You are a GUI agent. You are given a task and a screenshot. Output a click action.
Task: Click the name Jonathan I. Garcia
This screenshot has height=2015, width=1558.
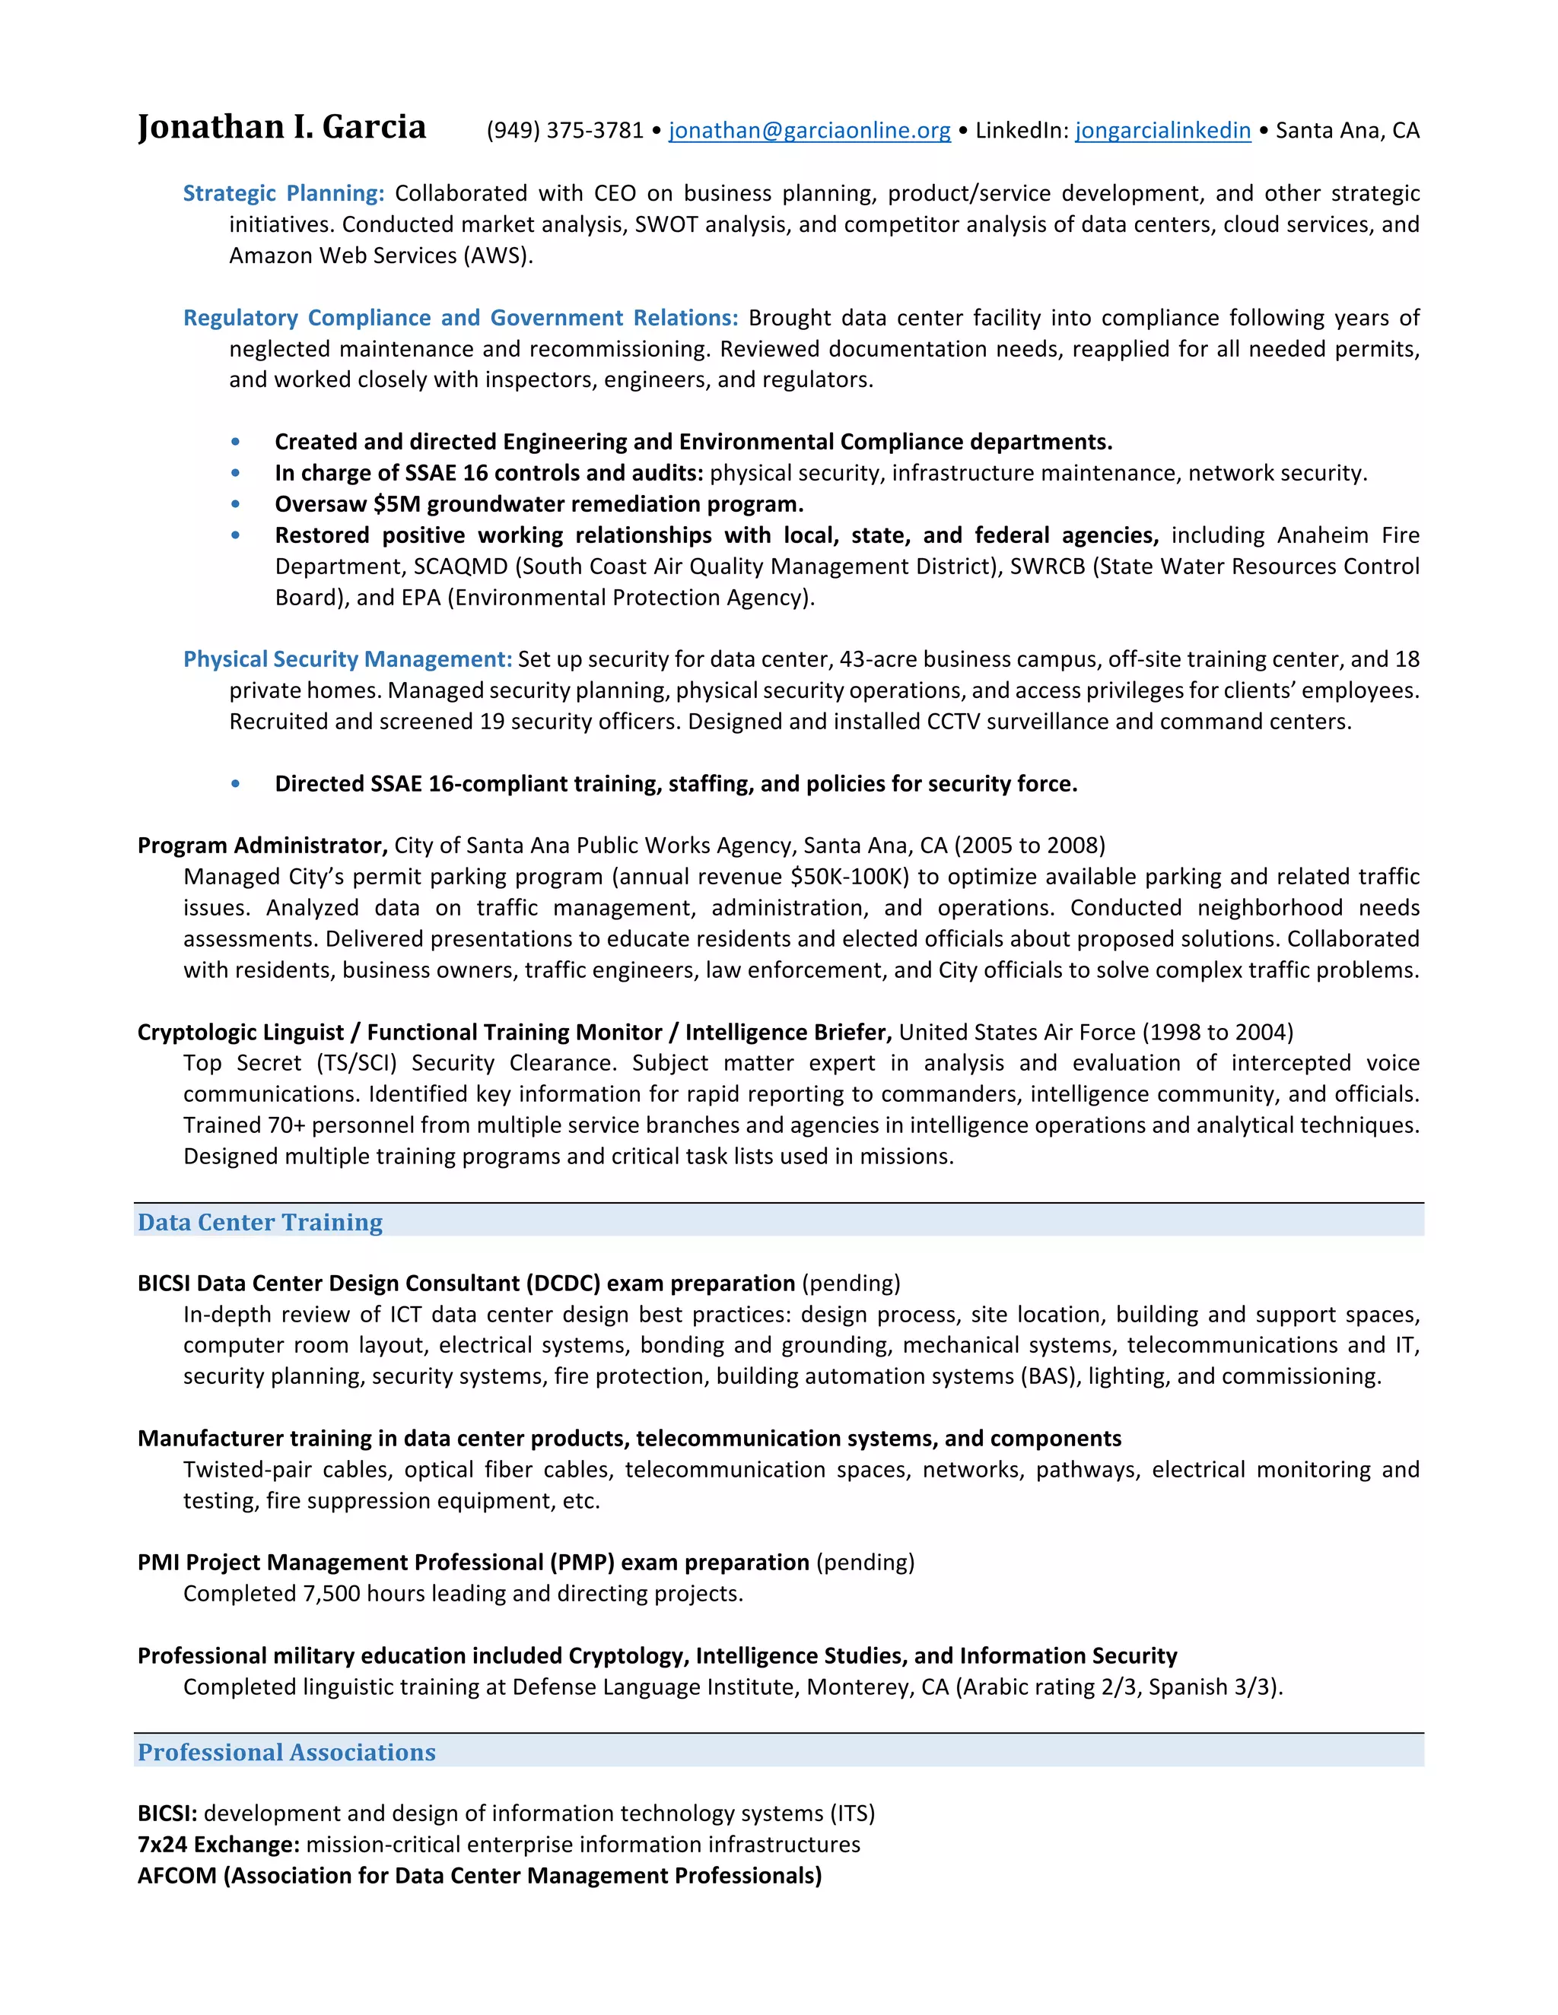tap(281, 127)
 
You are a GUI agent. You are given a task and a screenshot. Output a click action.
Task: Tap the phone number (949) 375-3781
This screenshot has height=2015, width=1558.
tap(564, 131)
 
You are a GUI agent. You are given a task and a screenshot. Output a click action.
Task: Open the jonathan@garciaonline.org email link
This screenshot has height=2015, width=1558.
tap(809, 131)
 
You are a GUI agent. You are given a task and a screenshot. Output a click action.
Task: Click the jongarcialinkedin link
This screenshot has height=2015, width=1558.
tap(1162, 131)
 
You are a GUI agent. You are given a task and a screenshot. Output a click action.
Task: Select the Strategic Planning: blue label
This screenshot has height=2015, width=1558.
tap(283, 194)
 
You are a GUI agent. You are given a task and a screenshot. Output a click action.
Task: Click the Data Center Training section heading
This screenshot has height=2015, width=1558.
tap(259, 1223)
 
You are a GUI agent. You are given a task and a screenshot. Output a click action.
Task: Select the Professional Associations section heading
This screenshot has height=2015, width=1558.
tap(286, 1753)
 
